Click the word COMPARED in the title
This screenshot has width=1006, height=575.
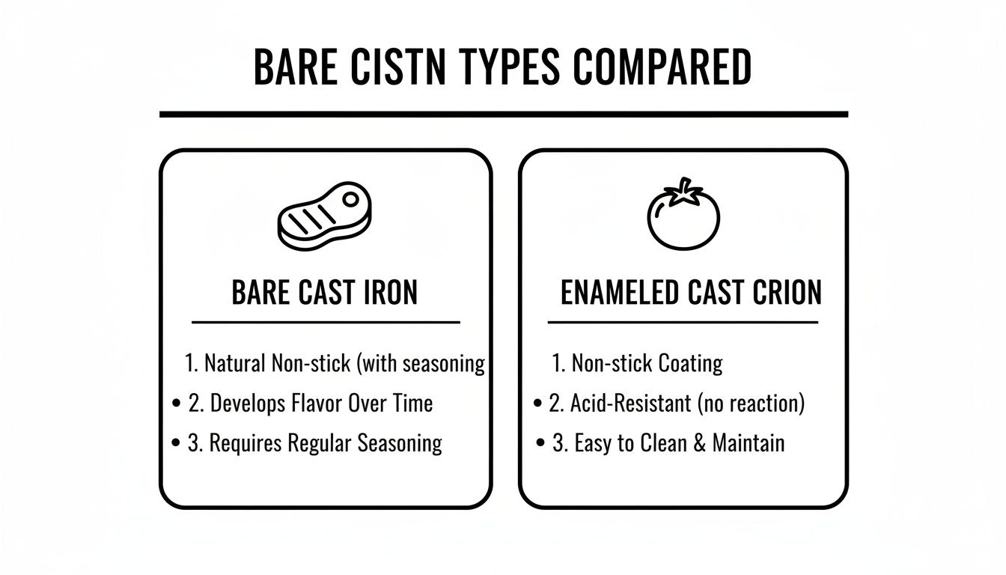pos(662,67)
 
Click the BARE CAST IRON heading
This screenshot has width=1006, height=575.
pos(324,292)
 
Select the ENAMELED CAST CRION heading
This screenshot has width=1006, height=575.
pos(691,292)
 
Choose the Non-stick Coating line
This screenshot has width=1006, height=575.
pos(647,364)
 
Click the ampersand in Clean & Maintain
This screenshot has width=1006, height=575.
pos(700,443)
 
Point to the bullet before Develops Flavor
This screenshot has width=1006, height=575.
pos(176,404)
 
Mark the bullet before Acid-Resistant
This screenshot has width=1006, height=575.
pos(537,404)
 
